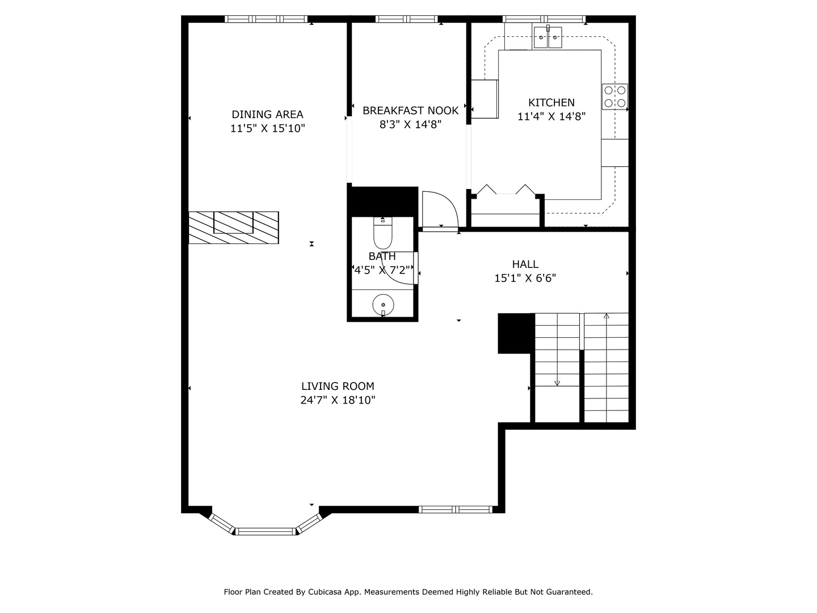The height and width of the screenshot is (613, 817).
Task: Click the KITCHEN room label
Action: tap(551, 103)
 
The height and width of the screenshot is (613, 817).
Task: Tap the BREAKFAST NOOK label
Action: tap(410, 111)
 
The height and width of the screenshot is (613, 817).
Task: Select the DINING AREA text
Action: tap(267, 115)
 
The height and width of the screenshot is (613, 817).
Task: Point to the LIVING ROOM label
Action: tap(338, 387)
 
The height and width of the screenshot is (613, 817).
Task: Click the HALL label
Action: tap(525, 264)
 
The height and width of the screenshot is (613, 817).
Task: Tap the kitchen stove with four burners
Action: tap(615, 96)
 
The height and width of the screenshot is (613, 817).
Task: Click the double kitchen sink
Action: tap(548, 38)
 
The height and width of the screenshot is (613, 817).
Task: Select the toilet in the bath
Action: tap(383, 232)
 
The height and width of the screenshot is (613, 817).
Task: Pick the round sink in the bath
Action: tap(383, 305)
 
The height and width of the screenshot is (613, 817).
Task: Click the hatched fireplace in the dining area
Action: tap(233, 228)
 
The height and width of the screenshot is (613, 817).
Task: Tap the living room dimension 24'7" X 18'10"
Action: tap(338, 400)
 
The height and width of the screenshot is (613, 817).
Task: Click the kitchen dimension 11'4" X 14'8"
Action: tap(551, 117)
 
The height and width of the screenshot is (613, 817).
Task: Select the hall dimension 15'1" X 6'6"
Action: tap(525, 278)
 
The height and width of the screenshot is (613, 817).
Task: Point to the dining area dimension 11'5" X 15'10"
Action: tap(267, 129)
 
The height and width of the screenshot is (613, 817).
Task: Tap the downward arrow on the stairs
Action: tap(557, 383)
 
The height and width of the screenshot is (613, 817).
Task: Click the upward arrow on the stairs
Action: tap(606, 317)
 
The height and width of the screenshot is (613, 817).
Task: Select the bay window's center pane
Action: tap(266, 531)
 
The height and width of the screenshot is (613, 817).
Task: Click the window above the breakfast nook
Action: tap(406, 19)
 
